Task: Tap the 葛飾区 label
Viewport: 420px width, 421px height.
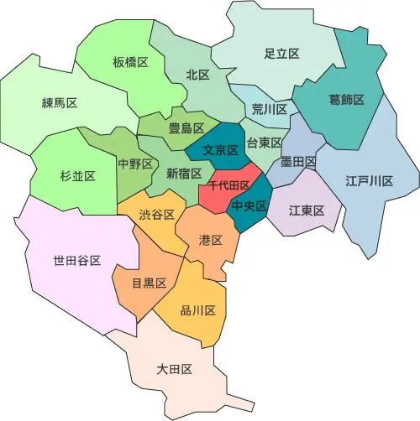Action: (x=346, y=100)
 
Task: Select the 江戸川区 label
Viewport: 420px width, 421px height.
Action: (x=370, y=181)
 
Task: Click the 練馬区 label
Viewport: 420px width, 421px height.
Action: (x=60, y=103)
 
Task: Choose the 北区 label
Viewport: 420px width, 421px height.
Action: (x=198, y=75)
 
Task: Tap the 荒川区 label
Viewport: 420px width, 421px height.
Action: (x=270, y=110)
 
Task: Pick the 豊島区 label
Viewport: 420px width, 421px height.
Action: (x=186, y=128)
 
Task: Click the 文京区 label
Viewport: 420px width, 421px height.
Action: (x=222, y=152)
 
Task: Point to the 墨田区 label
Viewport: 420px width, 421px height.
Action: (x=299, y=161)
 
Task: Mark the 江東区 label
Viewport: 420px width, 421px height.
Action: (x=307, y=210)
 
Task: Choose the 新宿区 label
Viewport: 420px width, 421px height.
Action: (x=184, y=174)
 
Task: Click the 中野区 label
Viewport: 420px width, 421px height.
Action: (x=135, y=164)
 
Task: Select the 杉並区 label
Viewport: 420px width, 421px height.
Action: (x=77, y=175)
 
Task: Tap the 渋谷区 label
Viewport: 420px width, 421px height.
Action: (x=157, y=215)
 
